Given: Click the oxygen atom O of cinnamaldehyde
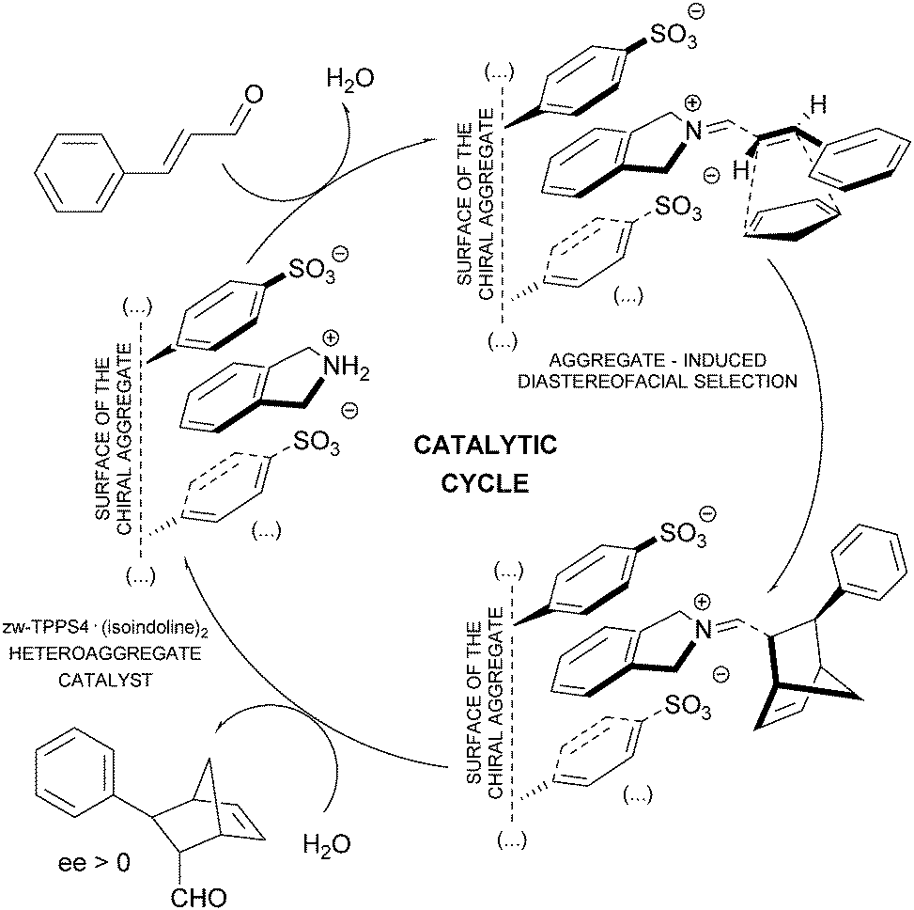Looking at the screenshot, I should (250, 94).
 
